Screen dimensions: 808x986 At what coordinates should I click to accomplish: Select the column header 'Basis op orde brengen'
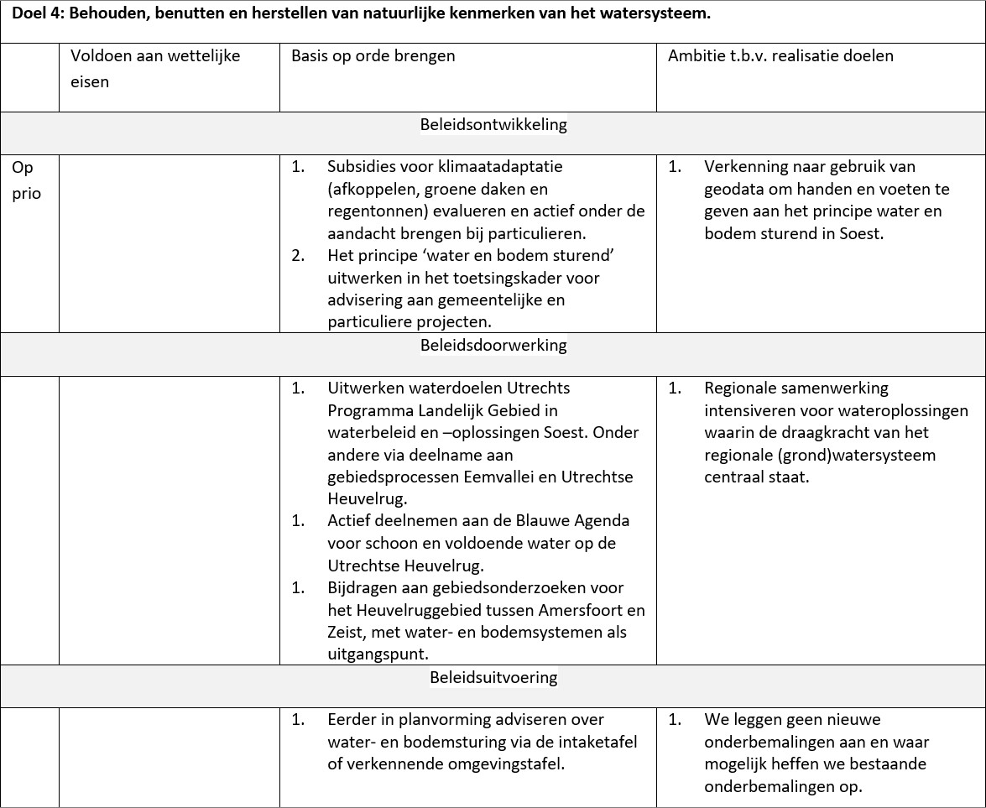click(373, 56)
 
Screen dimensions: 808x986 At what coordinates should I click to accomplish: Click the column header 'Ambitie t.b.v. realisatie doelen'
click(780, 56)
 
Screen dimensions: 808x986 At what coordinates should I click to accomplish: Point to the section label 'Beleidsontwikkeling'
click(493, 125)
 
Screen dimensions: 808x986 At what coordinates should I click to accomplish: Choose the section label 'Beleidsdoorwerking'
click(493, 345)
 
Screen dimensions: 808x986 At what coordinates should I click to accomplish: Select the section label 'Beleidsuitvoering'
click(493, 677)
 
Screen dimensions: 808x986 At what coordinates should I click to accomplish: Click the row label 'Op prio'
click(26, 180)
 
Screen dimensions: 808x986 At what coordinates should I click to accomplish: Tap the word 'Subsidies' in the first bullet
click(363, 167)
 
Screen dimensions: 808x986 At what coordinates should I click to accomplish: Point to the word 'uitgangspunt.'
click(379, 654)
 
